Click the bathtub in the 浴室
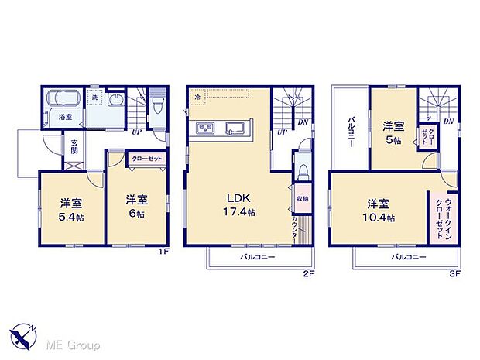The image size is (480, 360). (x=63, y=101)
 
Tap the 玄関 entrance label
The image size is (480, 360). (x=74, y=147)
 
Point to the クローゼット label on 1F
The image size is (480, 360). (x=146, y=158)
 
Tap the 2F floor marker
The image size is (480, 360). (x=307, y=273)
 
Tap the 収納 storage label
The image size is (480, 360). (x=300, y=197)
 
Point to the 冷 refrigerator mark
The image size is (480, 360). (x=198, y=98)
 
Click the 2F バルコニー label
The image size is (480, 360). (x=256, y=257)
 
